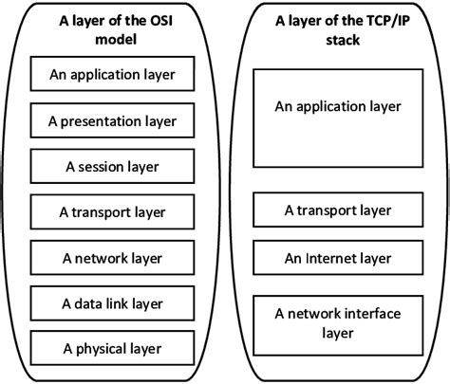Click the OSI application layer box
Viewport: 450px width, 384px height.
coord(112,74)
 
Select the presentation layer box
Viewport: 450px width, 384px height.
coord(112,120)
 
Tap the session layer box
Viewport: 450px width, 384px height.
coord(112,166)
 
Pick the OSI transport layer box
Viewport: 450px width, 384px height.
coord(112,212)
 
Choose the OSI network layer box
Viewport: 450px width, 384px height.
coord(112,258)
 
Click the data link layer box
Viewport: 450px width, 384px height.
coord(112,303)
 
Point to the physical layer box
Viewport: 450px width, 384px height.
coord(112,349)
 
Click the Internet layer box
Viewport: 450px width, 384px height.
coord(338,258)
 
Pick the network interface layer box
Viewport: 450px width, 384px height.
coord(338,322)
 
